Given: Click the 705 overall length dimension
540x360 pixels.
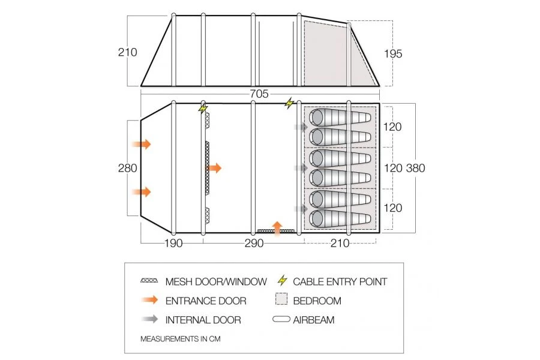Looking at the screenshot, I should (260, 94).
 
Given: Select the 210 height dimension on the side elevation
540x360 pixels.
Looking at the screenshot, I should (127, 52).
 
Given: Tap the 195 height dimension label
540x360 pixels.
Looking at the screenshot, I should (392, 54).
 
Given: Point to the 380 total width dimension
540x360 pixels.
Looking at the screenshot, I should (415, 168).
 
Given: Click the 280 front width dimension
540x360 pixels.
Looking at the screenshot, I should (127, 168).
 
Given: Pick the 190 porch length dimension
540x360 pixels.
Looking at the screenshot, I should (172, 244).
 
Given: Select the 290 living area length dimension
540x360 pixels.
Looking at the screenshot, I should (253, 244).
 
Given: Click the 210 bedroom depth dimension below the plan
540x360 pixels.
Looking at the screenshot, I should (340, 244).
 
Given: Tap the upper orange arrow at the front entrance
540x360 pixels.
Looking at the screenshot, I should (142, 144).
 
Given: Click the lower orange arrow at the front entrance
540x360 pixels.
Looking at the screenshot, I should (142, 192).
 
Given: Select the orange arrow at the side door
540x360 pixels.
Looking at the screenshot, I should (277, 226).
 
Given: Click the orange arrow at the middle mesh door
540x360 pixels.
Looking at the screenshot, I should (214, 168).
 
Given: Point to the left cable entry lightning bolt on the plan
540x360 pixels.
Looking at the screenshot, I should (203, 109).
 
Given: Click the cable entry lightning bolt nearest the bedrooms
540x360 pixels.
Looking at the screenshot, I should (290, 104).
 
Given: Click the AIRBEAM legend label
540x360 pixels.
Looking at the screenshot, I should (314, 320).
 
